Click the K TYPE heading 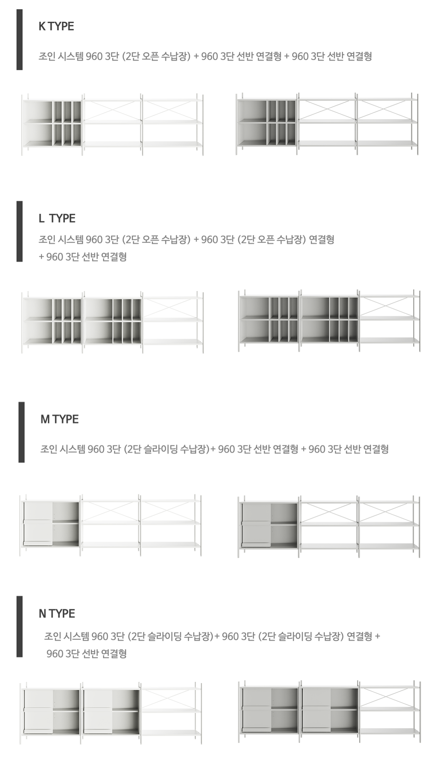[56, 26]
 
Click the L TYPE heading [57, 218]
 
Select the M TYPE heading [60, 419]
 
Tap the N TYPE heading [57, 613]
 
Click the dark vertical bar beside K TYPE [20, 40]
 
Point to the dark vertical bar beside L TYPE [20, 231]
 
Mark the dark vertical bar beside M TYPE [21, 432]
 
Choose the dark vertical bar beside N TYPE [20, 626]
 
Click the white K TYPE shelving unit [112, 124]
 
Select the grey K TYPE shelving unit [327, 124]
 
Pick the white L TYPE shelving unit [112, 322]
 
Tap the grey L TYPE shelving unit [329, 321]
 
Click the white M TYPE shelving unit [110, 525]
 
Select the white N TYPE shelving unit [111, 713]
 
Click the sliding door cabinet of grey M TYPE [270, 525]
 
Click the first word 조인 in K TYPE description [47, 57]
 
